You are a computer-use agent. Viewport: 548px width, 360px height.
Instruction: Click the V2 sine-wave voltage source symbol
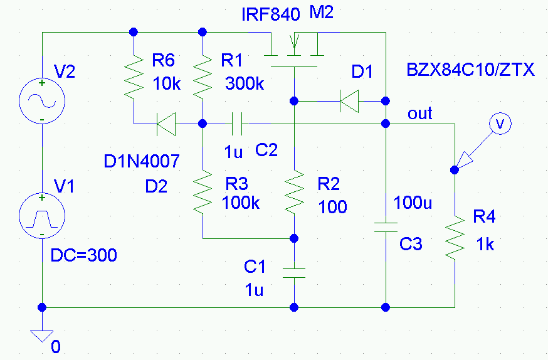point(41,100)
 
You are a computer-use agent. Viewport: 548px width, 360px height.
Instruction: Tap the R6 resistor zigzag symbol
point(134,77)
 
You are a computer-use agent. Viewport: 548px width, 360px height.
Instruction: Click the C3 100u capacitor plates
point(386,227)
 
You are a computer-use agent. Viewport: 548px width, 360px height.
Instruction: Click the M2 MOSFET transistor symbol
point(293,50)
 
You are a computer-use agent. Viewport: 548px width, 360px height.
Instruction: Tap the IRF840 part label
point(270,15)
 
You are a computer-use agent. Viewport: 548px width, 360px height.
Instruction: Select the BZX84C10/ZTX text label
point(472,70)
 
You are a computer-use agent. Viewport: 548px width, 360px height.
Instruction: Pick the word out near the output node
point(419,114)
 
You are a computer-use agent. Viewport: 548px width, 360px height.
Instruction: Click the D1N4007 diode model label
point(142,162)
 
